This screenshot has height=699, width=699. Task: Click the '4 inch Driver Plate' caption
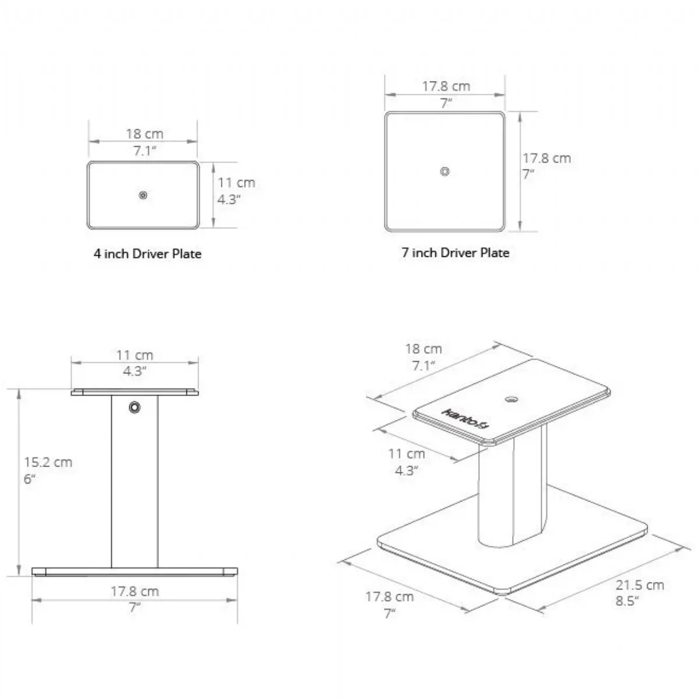147,253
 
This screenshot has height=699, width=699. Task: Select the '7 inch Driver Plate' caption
456,252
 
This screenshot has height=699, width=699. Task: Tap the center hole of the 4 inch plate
143,195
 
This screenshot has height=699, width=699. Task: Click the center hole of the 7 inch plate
444,171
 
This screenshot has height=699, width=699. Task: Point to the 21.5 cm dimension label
640,585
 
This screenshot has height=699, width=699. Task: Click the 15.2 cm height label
48,462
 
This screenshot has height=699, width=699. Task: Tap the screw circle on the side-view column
135,407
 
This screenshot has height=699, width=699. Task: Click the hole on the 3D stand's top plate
511,400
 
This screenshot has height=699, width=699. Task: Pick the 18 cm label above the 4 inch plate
144,134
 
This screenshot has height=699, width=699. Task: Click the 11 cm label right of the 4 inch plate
236,182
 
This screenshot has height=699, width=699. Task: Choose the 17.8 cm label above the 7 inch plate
446,86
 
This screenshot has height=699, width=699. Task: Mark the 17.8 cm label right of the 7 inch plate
546,158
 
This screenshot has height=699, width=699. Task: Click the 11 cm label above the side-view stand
135,355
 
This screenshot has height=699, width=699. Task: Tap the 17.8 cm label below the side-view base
135,591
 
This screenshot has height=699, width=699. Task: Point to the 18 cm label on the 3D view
423,349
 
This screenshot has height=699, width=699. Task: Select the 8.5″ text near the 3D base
627,601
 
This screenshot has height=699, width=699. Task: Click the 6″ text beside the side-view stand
30,479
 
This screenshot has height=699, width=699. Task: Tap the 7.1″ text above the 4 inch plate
144,150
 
